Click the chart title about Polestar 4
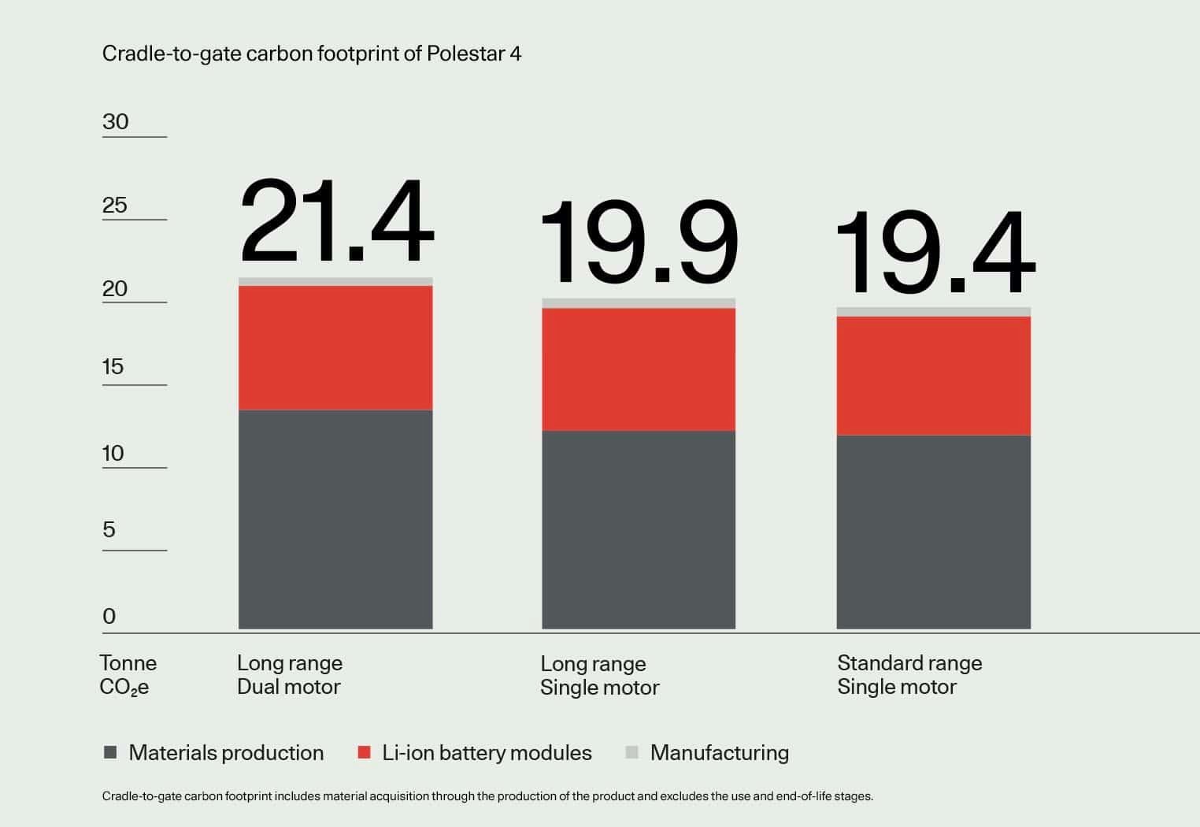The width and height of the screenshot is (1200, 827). pos(312,54)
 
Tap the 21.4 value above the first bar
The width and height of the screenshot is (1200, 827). pos(337,222)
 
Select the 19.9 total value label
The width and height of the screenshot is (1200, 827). pos(639,243)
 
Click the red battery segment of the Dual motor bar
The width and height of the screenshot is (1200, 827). pos(335,347)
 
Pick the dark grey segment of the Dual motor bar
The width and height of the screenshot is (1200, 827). pos(335,519)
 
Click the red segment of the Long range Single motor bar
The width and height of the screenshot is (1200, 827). pos(639,369)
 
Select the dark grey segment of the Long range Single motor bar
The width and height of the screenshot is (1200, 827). pos(639,529)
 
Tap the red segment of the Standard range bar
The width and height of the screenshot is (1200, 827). pos(933,376)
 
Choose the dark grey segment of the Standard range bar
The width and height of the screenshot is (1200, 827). pos(933,532)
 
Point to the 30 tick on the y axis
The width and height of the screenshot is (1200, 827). pos(116,121)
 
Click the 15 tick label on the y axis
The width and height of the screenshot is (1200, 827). pos(113,366)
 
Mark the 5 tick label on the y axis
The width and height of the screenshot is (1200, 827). pos(109,529)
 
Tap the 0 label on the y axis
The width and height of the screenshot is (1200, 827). pos(109,616)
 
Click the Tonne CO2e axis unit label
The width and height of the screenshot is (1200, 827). pos(128,675)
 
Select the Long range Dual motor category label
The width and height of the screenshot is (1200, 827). pos(290,675)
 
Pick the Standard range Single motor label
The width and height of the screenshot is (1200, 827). pos(909,675)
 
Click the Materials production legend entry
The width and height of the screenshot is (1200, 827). pos(214,753)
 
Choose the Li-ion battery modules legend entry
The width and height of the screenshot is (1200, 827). pos(475,753)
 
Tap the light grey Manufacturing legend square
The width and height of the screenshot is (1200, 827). pos(631,752)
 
